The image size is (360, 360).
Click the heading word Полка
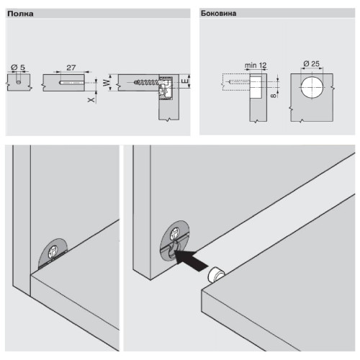tap(20, 14)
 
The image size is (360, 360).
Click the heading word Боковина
tap(218, 14)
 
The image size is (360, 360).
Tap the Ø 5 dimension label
tap(18, 68)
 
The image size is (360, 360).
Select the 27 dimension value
tap(71, 68)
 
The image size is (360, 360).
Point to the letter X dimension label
tap(91, 99)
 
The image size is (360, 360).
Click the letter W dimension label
tap(107, 83)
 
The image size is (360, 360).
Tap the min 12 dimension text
tap(256, 65)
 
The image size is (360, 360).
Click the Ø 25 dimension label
tap(311, 64)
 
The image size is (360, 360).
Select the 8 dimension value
tap(273, 96)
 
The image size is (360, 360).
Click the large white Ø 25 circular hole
tap(312, 87)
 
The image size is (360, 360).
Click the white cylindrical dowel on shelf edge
tap(217, 275)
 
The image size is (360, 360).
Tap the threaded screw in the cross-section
tap(147, 82)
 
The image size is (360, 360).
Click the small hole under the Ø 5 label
tap(19, 82)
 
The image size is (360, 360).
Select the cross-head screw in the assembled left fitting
tap(53, 253)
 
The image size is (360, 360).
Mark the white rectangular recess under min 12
tap(256, 86)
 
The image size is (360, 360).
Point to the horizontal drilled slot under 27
tap(72, 83)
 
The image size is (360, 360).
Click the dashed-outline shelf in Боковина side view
tap(236, 82)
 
